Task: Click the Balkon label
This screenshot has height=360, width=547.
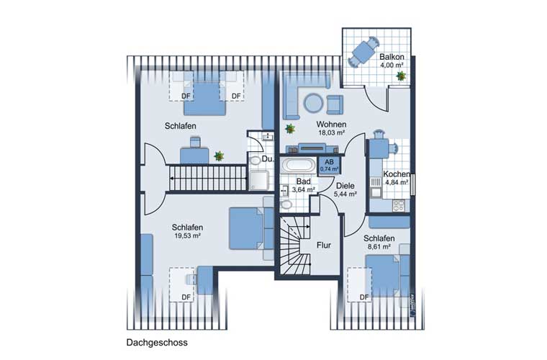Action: pos(392,56)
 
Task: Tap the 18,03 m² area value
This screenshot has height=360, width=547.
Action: pos(331,132)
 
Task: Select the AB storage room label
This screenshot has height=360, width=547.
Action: pos(329,162)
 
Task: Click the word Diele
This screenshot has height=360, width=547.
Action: pos(345,186)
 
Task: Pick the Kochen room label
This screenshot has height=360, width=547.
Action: pos(397,174)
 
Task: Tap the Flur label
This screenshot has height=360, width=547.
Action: pos(324,246)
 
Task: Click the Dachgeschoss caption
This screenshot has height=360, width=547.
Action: pos(157,342)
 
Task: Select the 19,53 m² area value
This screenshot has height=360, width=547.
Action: pos(187,236)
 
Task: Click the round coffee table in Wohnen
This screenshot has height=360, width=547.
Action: pos(313,103)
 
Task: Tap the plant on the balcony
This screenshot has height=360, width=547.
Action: pos(401,76)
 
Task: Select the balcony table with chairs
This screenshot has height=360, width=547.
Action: pos(364,52)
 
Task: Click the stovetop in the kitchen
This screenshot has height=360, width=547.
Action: pos(399,205)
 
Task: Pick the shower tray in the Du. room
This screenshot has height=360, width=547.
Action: pos(258,180)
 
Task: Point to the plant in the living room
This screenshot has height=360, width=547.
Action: pos(290,129)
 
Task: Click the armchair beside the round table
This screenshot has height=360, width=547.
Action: pos(335,104)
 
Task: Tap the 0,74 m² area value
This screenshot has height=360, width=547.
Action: pos(330,169)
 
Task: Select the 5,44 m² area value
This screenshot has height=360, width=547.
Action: pos(345,194)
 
